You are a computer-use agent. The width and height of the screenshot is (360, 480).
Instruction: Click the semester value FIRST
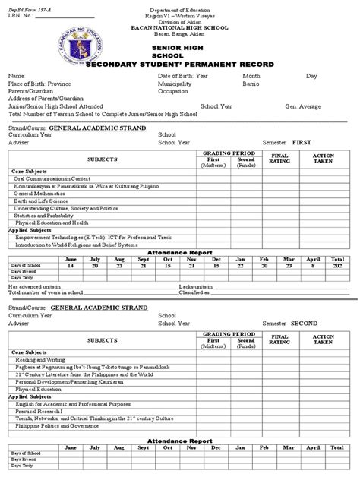(x=303, y=141)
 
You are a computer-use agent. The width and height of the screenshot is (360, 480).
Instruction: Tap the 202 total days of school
(x=337, y=267)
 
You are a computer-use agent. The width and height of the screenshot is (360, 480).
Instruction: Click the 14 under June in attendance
(x=72, y=267)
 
